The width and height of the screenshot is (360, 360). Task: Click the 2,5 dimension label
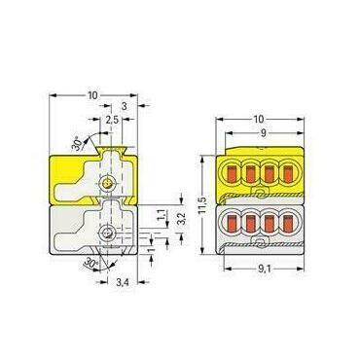[x=112, y=120]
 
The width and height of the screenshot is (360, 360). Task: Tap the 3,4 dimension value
[x=123, y=283]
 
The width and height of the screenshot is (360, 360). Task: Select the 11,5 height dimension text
[x=203, y=204]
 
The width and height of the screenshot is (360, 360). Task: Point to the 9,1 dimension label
[x=265, y=269]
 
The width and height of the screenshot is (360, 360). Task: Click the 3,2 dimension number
[x=182, y=220]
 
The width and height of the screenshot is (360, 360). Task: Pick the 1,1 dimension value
[x=165, y=215]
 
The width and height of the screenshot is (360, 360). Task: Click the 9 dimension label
[x=264, y=133]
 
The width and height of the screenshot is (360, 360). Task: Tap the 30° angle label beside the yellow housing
[x=77, y=144]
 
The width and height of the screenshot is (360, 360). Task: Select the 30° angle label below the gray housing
[x=90, y=263]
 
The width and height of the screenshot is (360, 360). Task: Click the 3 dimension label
[x=124, y=106]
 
